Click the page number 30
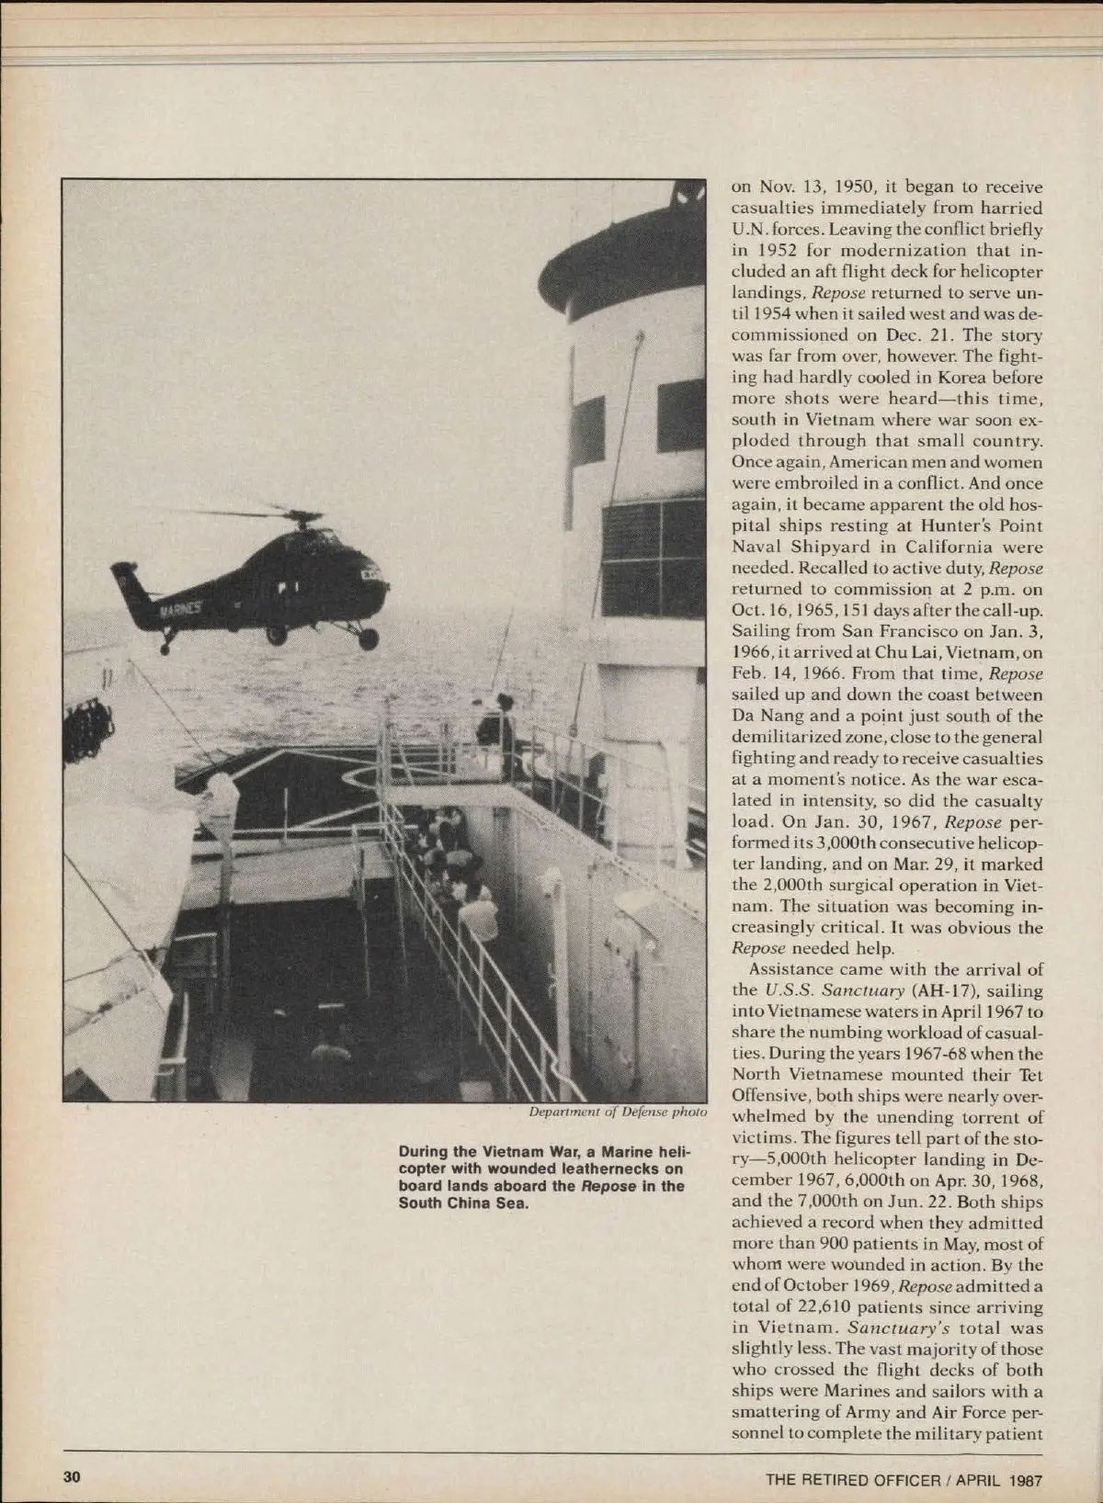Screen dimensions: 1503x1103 point(73,1477)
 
